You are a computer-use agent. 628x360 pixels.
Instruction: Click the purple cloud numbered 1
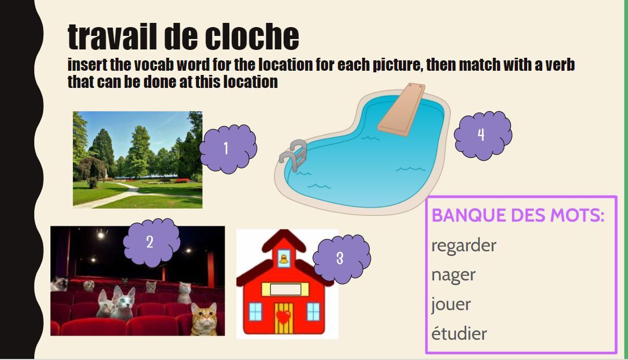click(228, 149)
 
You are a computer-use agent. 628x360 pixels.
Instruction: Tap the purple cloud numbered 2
click(151, 242)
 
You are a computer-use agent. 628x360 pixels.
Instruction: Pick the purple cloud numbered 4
click(483, 136)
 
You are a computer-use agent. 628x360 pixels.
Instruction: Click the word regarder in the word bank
click(464, 246)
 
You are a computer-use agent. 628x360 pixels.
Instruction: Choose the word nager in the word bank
click(453, 275)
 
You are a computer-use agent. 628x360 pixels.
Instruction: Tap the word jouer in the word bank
click(451, 304)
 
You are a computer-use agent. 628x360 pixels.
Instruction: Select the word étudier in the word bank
click(459, 333)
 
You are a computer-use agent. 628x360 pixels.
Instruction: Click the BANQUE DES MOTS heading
click(518, 215)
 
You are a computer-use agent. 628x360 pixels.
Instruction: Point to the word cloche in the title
click(252, 37)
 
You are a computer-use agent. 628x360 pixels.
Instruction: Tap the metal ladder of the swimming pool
click(294, 155)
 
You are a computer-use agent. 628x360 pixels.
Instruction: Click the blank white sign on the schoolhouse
click(285, 289)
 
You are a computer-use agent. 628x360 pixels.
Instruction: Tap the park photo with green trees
click(138, 160)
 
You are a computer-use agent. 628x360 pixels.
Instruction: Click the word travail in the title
click(112, 37)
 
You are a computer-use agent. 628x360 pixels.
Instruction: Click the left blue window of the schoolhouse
click(255, 312)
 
